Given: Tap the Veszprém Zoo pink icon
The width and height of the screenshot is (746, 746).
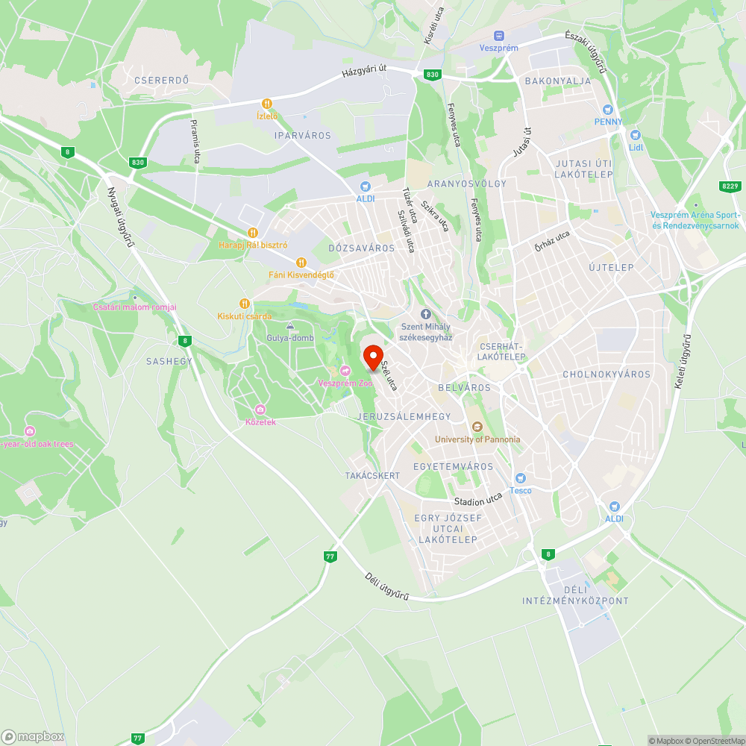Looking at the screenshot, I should (x=345, y=371).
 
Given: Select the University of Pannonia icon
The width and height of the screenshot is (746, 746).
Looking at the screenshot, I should (x=477, y=427).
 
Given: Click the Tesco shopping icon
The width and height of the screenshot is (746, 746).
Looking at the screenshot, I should (x=521, y=477).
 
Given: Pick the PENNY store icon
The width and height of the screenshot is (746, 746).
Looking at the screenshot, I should (x=608, y=109).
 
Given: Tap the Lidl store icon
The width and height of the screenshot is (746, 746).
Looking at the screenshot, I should (x=635, y=134).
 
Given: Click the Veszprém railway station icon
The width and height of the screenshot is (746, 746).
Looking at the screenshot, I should (x=498, y=35).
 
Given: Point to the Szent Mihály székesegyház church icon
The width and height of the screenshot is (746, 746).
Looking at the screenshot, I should (x=426, y=315).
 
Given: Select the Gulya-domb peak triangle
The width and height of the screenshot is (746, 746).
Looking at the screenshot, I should (x=290, y=327).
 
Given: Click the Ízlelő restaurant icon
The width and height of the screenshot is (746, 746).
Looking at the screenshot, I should (x=266, y=104).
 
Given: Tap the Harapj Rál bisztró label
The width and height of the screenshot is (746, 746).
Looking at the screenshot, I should (x=253, y=245).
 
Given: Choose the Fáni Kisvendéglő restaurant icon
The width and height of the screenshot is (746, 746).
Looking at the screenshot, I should (x=301, y=262).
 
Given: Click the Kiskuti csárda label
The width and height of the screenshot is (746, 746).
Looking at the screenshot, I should (x=245, y=316).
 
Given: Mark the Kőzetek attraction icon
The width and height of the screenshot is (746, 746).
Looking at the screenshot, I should (x=260, y=410).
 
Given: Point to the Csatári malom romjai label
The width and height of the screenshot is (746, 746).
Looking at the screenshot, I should (x=134, y=307).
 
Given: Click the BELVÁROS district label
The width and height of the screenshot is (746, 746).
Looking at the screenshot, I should (x=465, y=388).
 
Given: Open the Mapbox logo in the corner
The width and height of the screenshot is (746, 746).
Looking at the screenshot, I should (x=34, y=736).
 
